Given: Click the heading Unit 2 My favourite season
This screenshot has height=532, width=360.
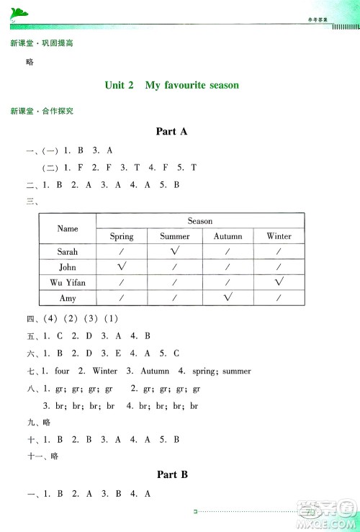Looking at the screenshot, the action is pyautogui.click(x=171, y=85).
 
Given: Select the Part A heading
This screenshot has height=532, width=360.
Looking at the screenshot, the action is pyautogui.click(x=171, y=131).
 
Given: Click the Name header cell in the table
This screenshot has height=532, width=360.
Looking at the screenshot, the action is pyautogui.click(x=68, y=228).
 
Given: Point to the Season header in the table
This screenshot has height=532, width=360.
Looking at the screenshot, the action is pyautogui.click(x=199, y=221).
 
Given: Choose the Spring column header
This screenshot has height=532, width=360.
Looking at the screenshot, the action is pyautogui.click(x=122, y=236).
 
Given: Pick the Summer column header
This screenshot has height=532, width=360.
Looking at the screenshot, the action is pyautogui.click(x=175, y=236).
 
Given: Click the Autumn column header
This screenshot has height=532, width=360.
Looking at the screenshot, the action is pyautogui.click(x=228, y=236).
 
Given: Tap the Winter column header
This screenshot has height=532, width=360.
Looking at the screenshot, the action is pyautogui.click(x=279, y=236).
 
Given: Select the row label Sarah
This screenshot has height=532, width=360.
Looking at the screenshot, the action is pyautogui.click(x=68, y=252).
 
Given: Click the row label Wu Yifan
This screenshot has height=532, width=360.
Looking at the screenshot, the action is pyautogui.click(x=68, y=281).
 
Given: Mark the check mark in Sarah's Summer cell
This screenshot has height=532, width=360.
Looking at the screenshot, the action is pyautogui.click(x=175, y=251).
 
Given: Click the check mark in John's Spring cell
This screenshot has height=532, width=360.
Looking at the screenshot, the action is pyautogui.click(x=122, y=266).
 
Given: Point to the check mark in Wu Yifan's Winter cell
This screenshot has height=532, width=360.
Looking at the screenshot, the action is pyautogui.click(x=279, y=281).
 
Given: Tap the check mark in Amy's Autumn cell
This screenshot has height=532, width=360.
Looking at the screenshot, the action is pyautogui.click(x=228, y=296).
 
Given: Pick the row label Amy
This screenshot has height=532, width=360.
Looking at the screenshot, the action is pyautogui.click(x=68, y=297).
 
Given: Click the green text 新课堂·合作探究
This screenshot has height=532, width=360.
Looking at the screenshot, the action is pyautogui.click(x=42, y=112).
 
